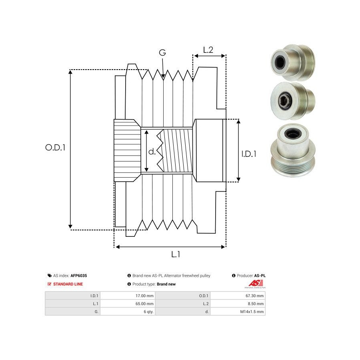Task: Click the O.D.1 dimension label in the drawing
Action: coord(55,147)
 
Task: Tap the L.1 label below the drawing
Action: coord(176,254)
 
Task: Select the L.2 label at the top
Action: coord(208,50)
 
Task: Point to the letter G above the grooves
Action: coord(162,52)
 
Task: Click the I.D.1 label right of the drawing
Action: coord(249,154)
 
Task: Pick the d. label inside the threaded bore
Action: coord(152,152)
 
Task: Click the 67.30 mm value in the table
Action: coord(254,296)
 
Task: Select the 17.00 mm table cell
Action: coord(144,296)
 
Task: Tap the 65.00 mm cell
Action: coord(144,304)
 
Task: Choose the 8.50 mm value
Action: coord(256,304)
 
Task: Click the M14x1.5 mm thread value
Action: coord(252,312)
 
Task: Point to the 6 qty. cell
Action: coord(148,312)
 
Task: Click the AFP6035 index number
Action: coord(79,276)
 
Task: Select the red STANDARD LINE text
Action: coord(68,284)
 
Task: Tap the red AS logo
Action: coord(256,284)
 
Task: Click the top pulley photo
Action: coord(293,62)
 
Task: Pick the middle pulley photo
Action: coord(293,101)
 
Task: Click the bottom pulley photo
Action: coord(293,150)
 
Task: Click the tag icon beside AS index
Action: coord(50,276)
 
